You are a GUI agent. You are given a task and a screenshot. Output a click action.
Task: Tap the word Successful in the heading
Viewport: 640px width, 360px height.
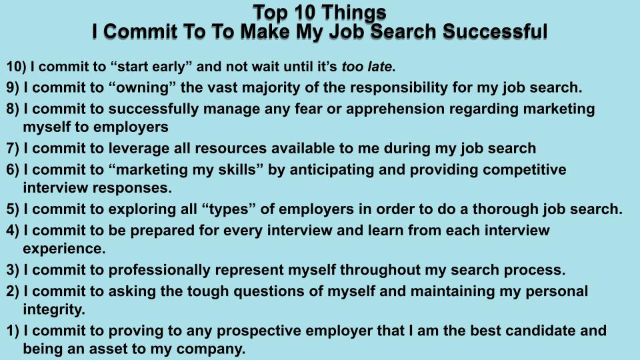click(x=495, y=32)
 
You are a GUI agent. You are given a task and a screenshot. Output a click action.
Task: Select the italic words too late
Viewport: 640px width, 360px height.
click(x=366, y=67)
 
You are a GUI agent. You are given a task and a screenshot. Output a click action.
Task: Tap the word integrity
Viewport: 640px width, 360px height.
click(x=54, y=309)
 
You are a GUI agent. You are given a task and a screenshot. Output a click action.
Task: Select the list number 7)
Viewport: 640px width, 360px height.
click(x=13, y=149)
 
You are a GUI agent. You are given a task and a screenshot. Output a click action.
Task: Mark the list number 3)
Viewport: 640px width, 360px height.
click(x=13, y=270)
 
